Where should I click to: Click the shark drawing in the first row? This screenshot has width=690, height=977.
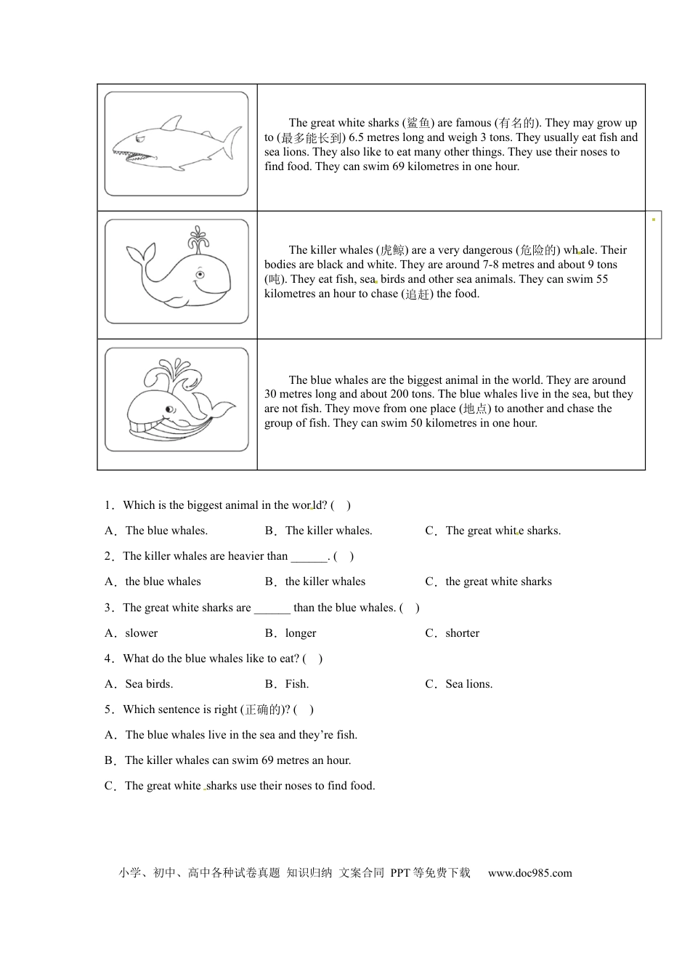[x=176, y=143]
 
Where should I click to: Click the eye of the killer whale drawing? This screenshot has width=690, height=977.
[x=200, y=275]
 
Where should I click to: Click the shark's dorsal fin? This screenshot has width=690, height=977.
[x=172, y=123]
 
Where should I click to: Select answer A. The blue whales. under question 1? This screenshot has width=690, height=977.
[x=156, y=531]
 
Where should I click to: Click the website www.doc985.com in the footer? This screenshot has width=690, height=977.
[x=529, y=873]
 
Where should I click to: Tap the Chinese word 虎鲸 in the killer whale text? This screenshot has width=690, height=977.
[x=393, y=250]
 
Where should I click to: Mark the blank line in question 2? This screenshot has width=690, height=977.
[x=309, y=557]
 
